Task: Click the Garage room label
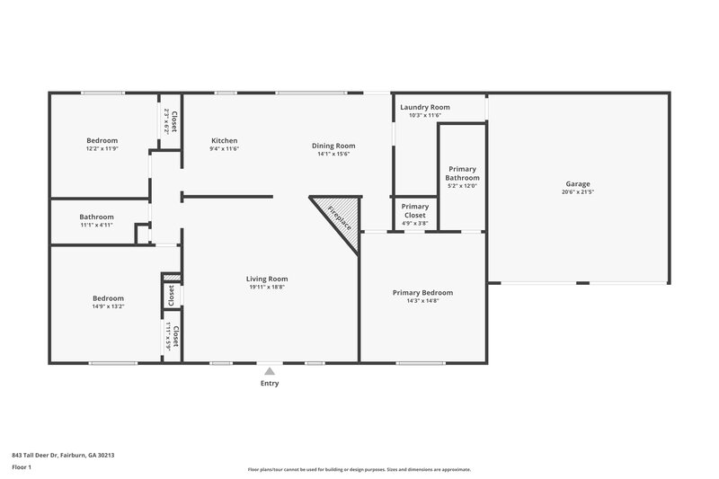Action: (x=579, y=182)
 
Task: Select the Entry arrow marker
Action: (x=270, y=370)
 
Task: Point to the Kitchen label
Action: (x=224, y=140)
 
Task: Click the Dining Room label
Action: (x=333, y=146)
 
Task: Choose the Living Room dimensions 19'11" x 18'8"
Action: (x=267, y=288)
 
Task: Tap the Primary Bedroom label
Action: (x=422, y=292)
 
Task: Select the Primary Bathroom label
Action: (x=462, y=173)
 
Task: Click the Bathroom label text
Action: (x=96, y=217)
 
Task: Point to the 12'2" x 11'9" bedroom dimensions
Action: (x=102, y=148)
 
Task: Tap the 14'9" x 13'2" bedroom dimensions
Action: (x=108, y=306)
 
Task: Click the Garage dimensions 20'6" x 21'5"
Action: (x=579, y=191)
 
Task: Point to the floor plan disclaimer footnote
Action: (x=359, y=469)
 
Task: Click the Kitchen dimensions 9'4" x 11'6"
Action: (x=224, y=149)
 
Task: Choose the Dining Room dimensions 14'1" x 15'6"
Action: (x=333, y=154)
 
